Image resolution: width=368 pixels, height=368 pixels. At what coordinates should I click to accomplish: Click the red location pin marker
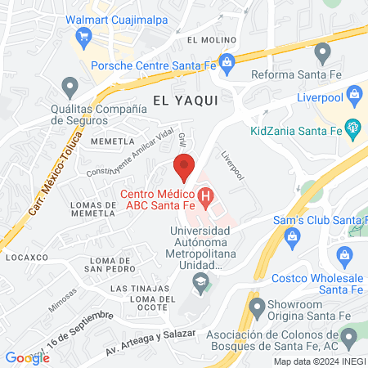coord(185,166)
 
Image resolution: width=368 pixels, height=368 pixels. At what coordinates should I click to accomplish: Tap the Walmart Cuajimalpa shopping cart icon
coord(83,35)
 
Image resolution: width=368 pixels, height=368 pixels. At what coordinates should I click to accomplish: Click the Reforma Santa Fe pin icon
coord(322,54)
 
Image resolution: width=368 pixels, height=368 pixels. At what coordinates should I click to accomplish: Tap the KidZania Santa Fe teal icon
coord(352,127)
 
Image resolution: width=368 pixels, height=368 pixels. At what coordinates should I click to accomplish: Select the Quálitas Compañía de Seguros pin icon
coord(70,86)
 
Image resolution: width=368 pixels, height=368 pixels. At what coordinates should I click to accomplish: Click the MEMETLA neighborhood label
coord(89,141)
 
